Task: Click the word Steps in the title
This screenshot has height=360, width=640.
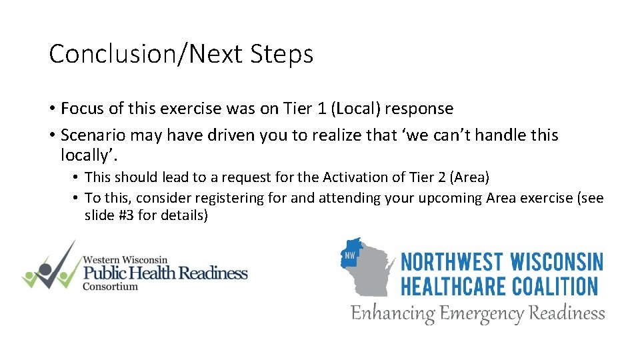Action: pyautogui.click(x=281, y=54)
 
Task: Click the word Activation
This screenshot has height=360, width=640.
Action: pyautogui.click(x=353, y=177)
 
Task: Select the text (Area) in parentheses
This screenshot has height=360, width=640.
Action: pyautogui.click(x=470, y=177)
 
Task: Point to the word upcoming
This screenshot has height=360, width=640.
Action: pyautogui.click(x=451, y=198)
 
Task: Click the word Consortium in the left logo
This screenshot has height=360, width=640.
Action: pyautogui.click(x=110, y=287)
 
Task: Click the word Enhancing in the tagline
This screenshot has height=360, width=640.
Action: pyautogui.click(x=393, y=313)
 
